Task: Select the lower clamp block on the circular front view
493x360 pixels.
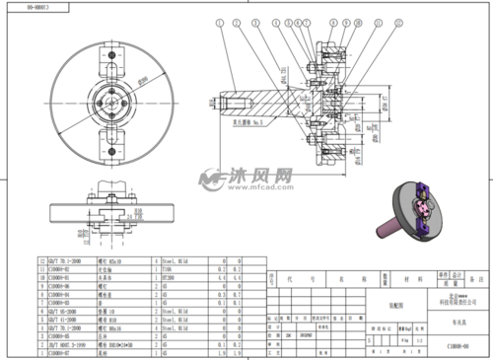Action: point(111,147)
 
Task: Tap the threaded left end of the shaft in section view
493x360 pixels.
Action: point(222,103)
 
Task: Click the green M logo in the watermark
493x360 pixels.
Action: point(210,180)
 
